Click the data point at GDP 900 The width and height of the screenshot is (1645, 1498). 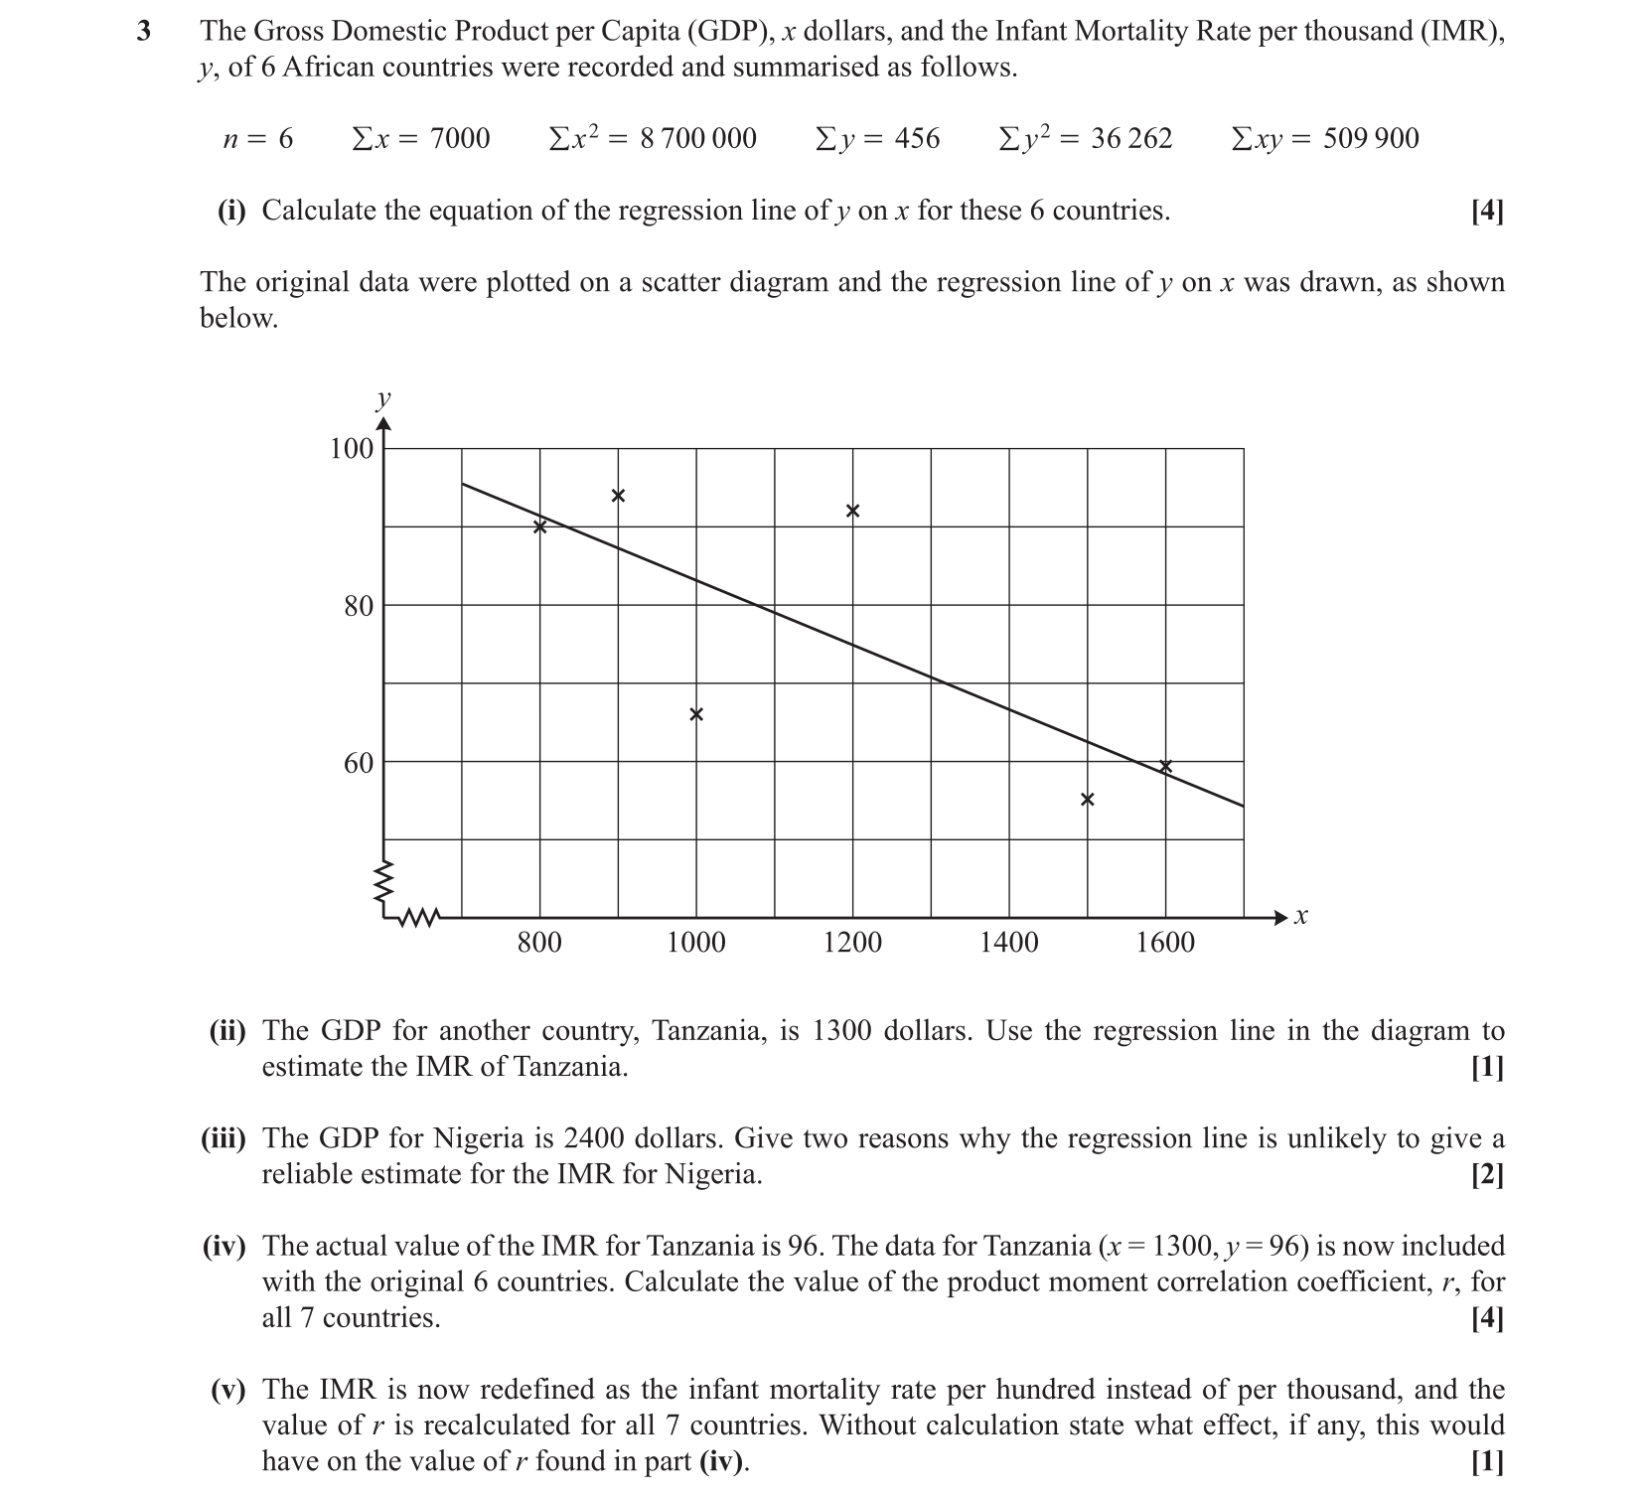click(618, 496)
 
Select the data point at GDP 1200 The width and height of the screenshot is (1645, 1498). click(852, 512)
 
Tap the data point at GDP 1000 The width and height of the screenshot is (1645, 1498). click(696, 714)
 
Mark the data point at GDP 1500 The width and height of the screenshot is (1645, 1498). click(1088, 800)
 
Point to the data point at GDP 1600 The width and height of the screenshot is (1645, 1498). click(1166, 766)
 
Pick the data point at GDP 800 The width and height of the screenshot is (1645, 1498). click(540, 526)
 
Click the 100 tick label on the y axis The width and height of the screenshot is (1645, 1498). click(352, 449)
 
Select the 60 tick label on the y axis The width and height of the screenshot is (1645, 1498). click(359, 763)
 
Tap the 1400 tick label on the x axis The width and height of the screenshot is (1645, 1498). click(1009, 943)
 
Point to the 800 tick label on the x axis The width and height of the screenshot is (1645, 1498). click(539, 943)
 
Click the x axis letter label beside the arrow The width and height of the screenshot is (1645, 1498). click(1301, 917)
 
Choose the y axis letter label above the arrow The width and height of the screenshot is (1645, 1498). click(383, 400)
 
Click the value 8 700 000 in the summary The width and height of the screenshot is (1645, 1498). click(698, 139)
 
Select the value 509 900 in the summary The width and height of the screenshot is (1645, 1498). click(1371, 139)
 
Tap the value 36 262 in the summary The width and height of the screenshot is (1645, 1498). click(1131, 139)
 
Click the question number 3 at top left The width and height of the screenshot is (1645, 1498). click(145, 32)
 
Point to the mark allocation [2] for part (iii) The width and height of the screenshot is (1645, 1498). click(1487, 1175)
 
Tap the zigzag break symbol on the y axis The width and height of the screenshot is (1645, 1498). click(383, 879)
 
